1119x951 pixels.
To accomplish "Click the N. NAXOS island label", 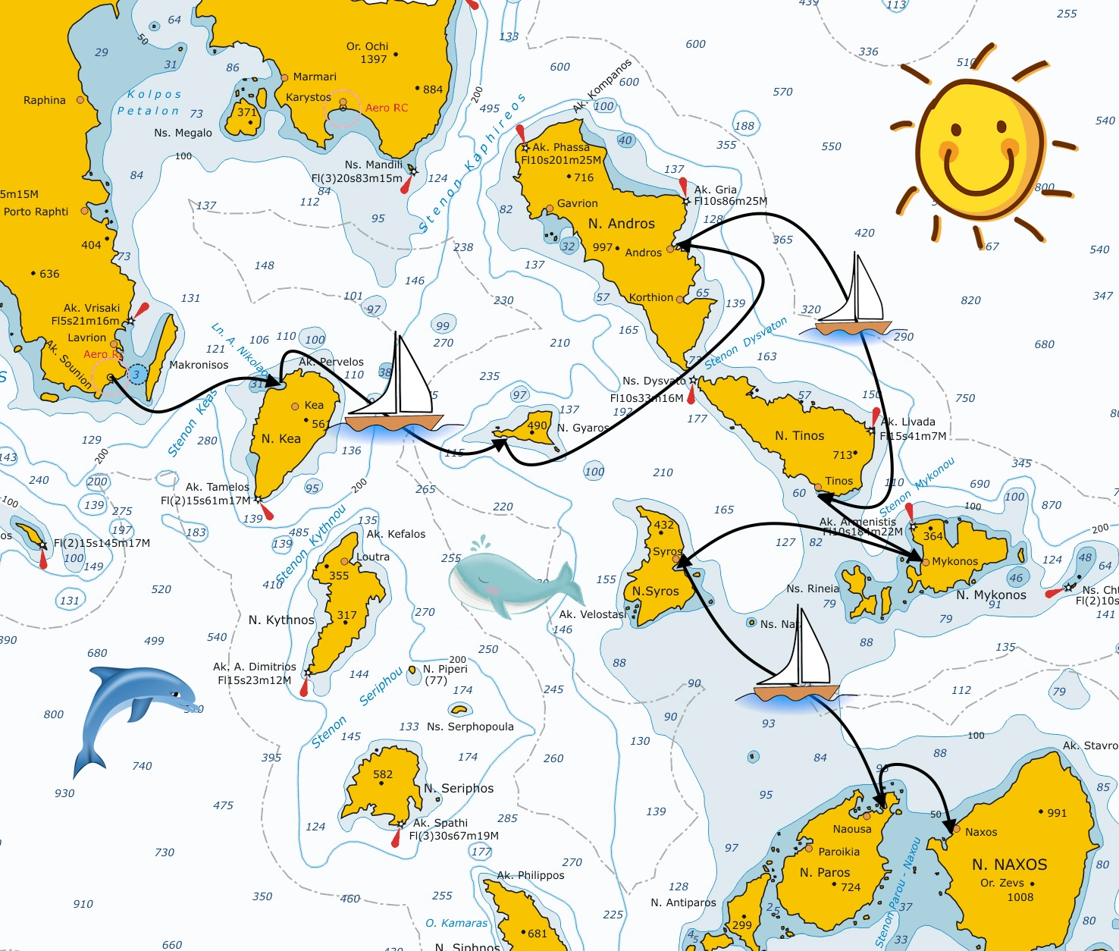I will pyautogui.click(x=1009, y=865).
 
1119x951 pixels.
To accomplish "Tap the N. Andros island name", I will pyautogui.click(x=621, y=224).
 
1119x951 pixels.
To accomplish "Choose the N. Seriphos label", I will pyautogui.click(x=459, y=789).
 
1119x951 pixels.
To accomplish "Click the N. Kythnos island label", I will pyautogui.click(x=281, y=620).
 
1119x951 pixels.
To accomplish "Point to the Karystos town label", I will pyautogui.click(x=308, y=97).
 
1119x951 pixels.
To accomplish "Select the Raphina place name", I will pyautogui.click(x=45, y=100).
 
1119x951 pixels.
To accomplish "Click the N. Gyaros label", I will pyautogui.click(x=583, y=428).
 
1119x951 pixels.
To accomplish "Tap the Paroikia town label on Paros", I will pyautogui.click(x=838, y=852).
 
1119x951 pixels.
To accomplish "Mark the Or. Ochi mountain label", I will pyautogui.click(x=367, y=46).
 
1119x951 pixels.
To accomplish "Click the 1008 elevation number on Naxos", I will pyautogui.click(x=1020, y=897).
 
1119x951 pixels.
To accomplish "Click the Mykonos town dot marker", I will pyautogui.click(x=925, y=562).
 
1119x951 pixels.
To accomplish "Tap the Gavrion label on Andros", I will pyautogui.click(x=577, y=203).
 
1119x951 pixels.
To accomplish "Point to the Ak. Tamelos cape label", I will pyautogui.click(x=217, y=487).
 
